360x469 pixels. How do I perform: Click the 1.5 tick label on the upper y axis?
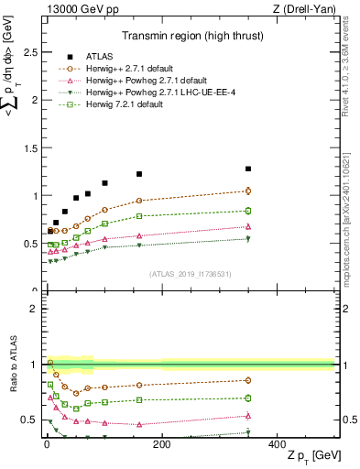[29, 147]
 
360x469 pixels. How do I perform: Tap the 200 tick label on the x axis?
[161, 444]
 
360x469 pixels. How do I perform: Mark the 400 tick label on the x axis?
[277, 444]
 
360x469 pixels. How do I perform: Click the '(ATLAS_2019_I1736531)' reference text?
[191, 274]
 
